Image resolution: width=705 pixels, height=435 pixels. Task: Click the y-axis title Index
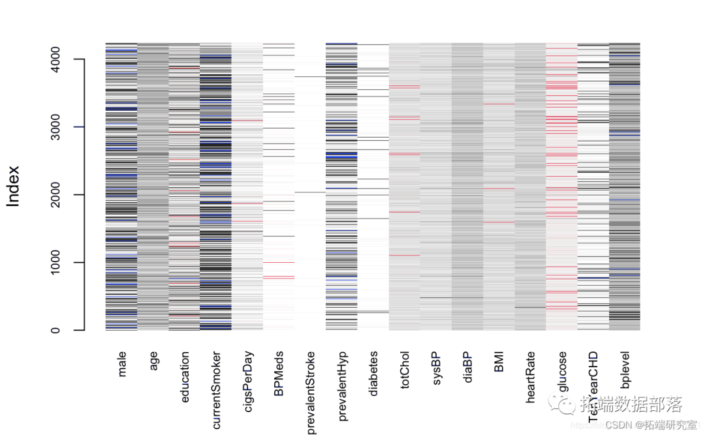pyautogui.click(x=14, y=187)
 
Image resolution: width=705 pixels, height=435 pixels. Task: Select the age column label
pyautogui.click(x=153, y=361)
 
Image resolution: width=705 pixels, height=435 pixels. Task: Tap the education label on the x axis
pyautogui.click(x=185, y=377)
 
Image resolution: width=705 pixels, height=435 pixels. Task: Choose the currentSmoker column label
pyautogui.click(x=216, y=390)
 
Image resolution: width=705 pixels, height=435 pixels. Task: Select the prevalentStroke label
pyautogui.click(x=311, y=392)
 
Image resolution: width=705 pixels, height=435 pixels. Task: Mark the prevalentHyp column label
pyautogui.click(x=342, y=385)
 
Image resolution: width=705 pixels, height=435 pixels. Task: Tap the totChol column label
pyautogui.click(x=405, y=372)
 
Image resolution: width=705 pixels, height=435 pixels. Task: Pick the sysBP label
pyautogui.click(x=436, y=369)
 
